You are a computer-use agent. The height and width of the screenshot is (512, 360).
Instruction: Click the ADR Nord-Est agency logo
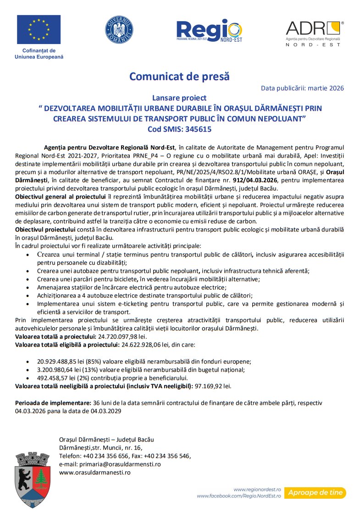[315, 32]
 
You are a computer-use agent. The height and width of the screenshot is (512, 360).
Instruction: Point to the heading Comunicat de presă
[179, 76]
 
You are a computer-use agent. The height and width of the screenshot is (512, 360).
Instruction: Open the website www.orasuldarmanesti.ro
[95, 472]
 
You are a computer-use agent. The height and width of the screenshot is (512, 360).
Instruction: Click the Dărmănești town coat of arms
[32, 479]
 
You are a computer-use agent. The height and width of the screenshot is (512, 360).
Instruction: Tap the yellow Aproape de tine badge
[315, 493]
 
